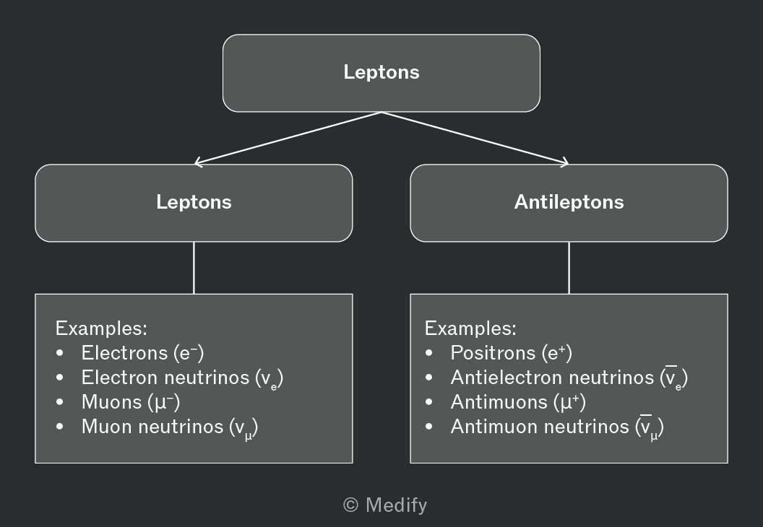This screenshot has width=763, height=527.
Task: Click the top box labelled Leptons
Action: (x=381, y=73)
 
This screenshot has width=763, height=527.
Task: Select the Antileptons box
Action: (x=569, y=203)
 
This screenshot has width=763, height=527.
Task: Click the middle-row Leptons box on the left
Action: (x=194, y=203)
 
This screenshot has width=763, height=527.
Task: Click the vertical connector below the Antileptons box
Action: (x=569, y=268)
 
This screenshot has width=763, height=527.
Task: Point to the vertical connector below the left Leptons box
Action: (x=194, y=268)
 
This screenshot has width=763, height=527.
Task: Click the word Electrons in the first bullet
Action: (x=124, y=353)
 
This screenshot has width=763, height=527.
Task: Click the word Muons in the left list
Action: (x=111, y=402)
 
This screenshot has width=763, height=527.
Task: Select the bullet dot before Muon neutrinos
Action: (x=60, y=427)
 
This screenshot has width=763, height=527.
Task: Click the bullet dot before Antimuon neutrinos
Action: (x=428, y=427)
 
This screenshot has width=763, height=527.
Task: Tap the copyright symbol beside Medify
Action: (x=351, y=505)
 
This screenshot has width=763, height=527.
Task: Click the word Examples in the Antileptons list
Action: (x=470, y=328)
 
